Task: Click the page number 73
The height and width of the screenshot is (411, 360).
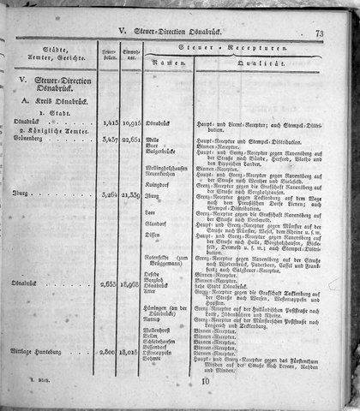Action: click(318, 34)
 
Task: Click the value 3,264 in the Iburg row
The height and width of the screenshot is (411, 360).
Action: click(109, 195)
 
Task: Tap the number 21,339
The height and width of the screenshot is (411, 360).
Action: click(132, 195)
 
